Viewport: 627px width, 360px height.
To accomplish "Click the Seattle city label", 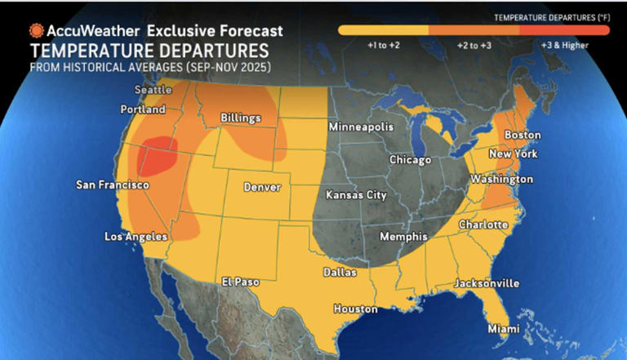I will pyautogui.click(x=153, y=90).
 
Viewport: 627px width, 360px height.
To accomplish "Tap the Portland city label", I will pyautogui.click(x=143, y=109).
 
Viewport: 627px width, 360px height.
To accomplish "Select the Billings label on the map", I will pyautogui.click(x=241, y=118).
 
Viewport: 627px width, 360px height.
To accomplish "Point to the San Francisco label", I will pyautogui.click(x=113, y=185).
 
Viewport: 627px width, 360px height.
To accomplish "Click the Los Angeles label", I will pyautogui.click(x=136, y=237).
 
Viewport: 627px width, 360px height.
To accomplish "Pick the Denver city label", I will pyautogui.click(x=262, y=188).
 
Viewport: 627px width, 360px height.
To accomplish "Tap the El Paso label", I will pyautogui.click(x=241, y=282).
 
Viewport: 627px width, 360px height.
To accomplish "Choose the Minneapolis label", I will pyautogui.click(x=361, y=127).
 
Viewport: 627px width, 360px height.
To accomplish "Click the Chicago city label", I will pyautogui.click(x=410, y=160).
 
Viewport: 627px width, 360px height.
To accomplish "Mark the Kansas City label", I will pyautogui.click(x=356, y=195).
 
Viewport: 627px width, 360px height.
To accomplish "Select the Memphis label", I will pyautogui.click(x=403, y=237).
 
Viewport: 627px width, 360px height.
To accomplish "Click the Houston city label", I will pyautogui.click(x=355, y=309).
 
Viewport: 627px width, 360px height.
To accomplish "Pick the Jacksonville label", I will pyautogui.click(x=487, y=283).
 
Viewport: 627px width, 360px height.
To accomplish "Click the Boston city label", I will pyautogui.click(x=522, y=135).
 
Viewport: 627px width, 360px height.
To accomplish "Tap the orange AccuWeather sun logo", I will pyautogui.click(x=36, y=30).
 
